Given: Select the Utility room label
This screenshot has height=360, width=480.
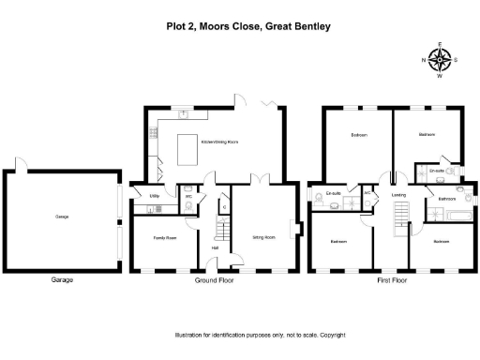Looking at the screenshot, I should click(x=153, y=195).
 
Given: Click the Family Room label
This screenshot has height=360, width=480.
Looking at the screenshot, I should click(x=165, y=238).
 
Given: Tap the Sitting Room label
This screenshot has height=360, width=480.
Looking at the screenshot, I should click(x=263, y=237).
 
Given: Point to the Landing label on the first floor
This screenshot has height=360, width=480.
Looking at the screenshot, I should click(x=397, y=195).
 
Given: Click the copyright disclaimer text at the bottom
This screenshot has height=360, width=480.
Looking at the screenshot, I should click(x=261, y=335).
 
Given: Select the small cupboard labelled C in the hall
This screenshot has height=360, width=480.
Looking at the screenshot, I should click(x=223, y=204).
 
